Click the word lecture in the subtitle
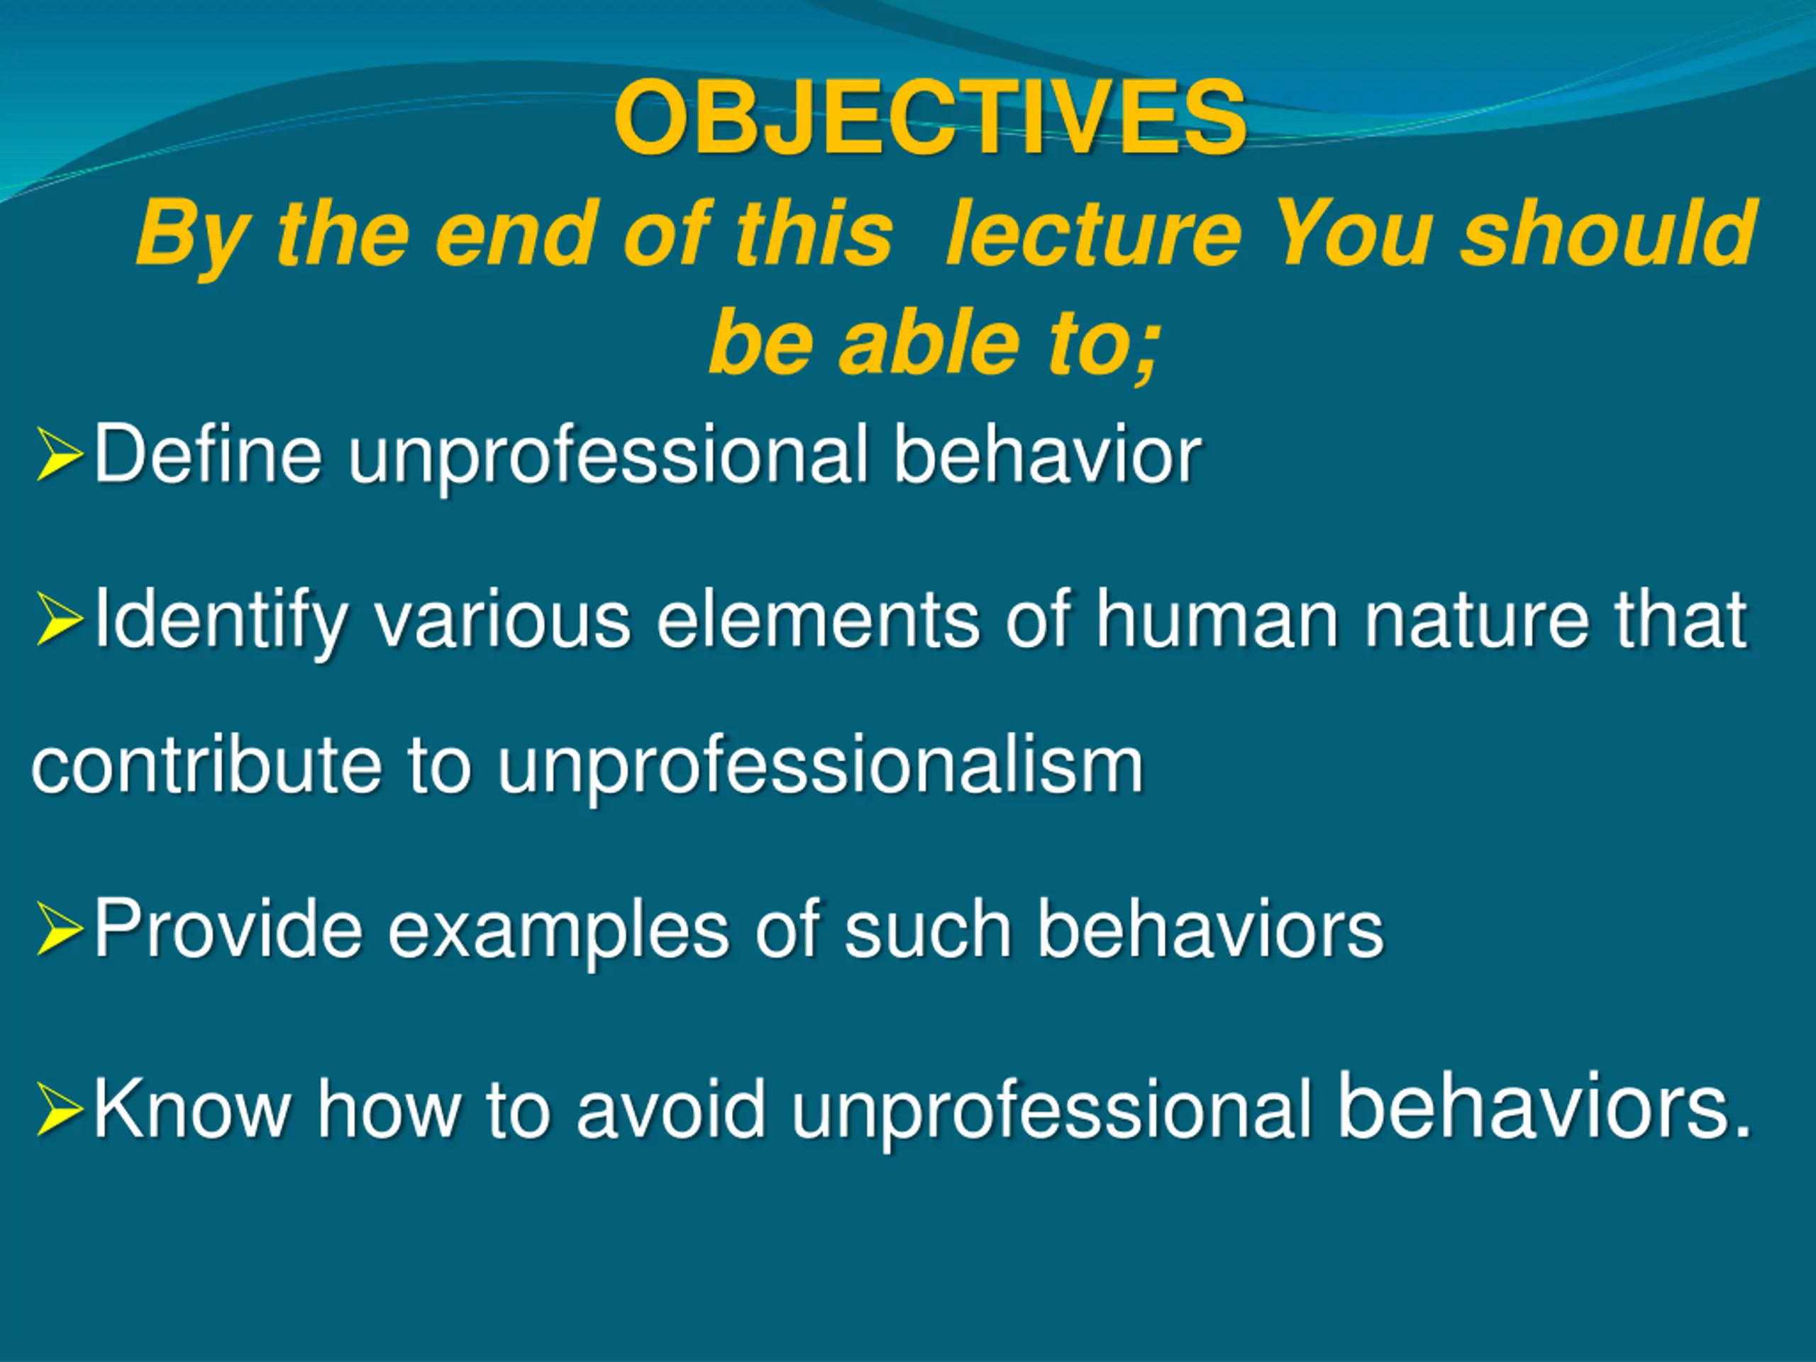[1094, 234]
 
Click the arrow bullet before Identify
[60, 621]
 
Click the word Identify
[221, 621]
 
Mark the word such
[928, 929]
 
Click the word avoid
[672, 1109]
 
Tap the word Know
[193, 1109]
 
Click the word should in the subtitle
[1608, 234]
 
